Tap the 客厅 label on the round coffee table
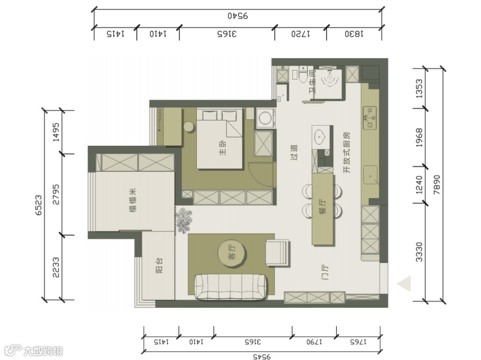pyautogui.click(x=233, y=252)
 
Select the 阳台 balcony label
pyautogui.click(x=159, y=265)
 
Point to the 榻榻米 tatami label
pyautogui.click(x=133, y=201)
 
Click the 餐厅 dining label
pyautogui.click(x=323, y=207)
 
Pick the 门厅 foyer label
pyautogui.click(x=325, y=272)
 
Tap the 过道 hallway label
pyautogui.click(x=294, y=152)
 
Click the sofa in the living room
pyautogui.click(x=230, y=286)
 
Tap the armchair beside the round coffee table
pyautogui.click(x=277, y=253)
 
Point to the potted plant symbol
pyautogui.click(x=184, y=220)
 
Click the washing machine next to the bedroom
pyautogui.click(x=266, y=118)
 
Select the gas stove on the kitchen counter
pyautogui.click(x=369, y=118)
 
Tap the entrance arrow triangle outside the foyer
pyautogui.click(x=405, y=284)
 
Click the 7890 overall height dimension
pyautogui.click(x=437, y=185)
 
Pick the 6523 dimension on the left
pyautogui.click(x=39, y=205)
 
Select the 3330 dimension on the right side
pyautogui.click(x=419, y=252)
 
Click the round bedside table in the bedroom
pyautogui.click(x=190, y=127)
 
